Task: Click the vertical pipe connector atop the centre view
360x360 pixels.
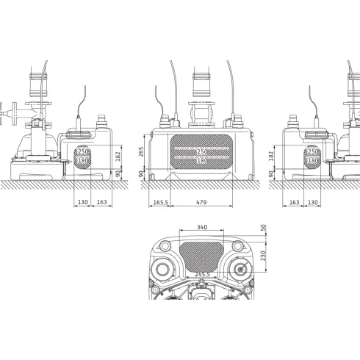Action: click(200, 87)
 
